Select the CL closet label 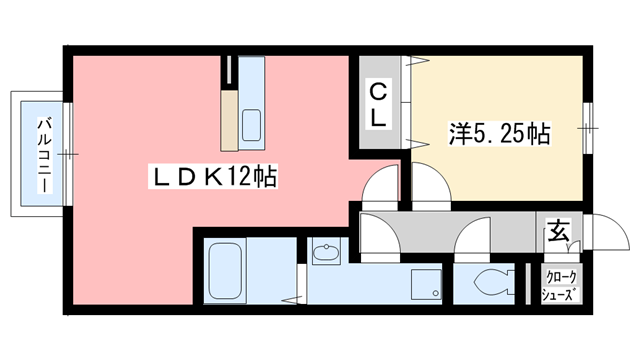click(379, 104)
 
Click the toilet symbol click(490, 282)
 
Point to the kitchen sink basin click(251, 126)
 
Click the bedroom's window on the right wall click(589, 124)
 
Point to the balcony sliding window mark click(66, 154)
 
